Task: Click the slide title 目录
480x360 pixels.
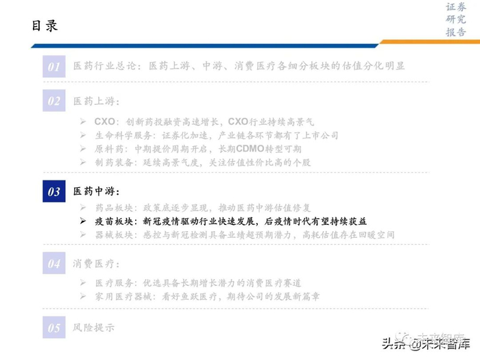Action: [45, 26]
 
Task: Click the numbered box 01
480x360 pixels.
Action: [53, 66]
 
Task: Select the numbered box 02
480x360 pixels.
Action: [53, 101]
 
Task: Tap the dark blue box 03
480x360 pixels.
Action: [53, 192]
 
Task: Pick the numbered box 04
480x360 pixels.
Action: [53, 263]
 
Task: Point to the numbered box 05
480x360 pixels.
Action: [53, 328]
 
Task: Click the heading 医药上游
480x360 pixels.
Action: [96, 101]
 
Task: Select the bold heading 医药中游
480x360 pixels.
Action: [96, 191]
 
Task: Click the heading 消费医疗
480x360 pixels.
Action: [96, 263]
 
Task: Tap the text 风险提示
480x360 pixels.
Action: [94, 328]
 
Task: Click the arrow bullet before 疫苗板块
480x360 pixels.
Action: [82, 221]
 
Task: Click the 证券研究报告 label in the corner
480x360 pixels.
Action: [455, 20]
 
